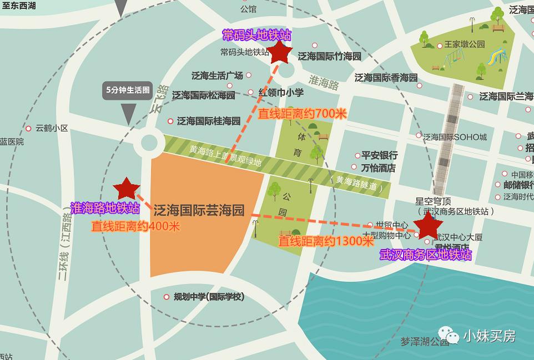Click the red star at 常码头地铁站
point(280,53)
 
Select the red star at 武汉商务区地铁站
point(429,225)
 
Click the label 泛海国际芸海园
point(199,210)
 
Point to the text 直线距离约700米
point(302,114)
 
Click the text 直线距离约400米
point(136,226)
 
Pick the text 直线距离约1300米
point(326,241)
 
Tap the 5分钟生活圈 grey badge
point(128,90)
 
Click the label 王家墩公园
point(465,45)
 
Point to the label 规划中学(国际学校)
point(209,297)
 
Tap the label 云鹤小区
point(52,128)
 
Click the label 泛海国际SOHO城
point(455,137)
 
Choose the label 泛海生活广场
point(217,75)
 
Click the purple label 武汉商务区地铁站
point(426,255)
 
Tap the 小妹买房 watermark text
point(489,336)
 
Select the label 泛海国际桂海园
point(208,121)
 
